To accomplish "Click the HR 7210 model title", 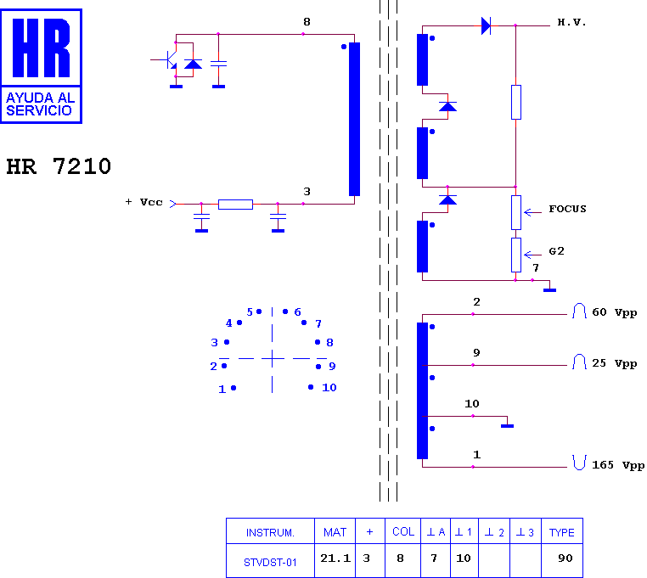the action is point(59,166).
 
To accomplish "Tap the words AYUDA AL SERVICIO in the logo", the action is point(41,104).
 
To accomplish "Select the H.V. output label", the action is point(571,22).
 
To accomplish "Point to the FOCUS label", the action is point(567,209).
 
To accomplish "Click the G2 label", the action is point(556,251).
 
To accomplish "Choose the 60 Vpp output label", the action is point(615,312).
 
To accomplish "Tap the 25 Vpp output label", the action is point(615,363).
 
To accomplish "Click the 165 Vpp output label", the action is point(618,465).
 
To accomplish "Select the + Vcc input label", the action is point(144,202).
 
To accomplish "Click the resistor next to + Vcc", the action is point(235,205).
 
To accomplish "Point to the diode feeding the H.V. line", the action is point(486,26).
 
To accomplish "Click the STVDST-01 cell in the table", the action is point(270,563).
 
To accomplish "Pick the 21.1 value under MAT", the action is point(335,558).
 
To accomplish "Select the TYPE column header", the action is point(561,533).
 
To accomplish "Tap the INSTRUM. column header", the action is point(270,533).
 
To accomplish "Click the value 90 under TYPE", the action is point(565,558).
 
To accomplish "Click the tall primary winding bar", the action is point(354,119).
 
